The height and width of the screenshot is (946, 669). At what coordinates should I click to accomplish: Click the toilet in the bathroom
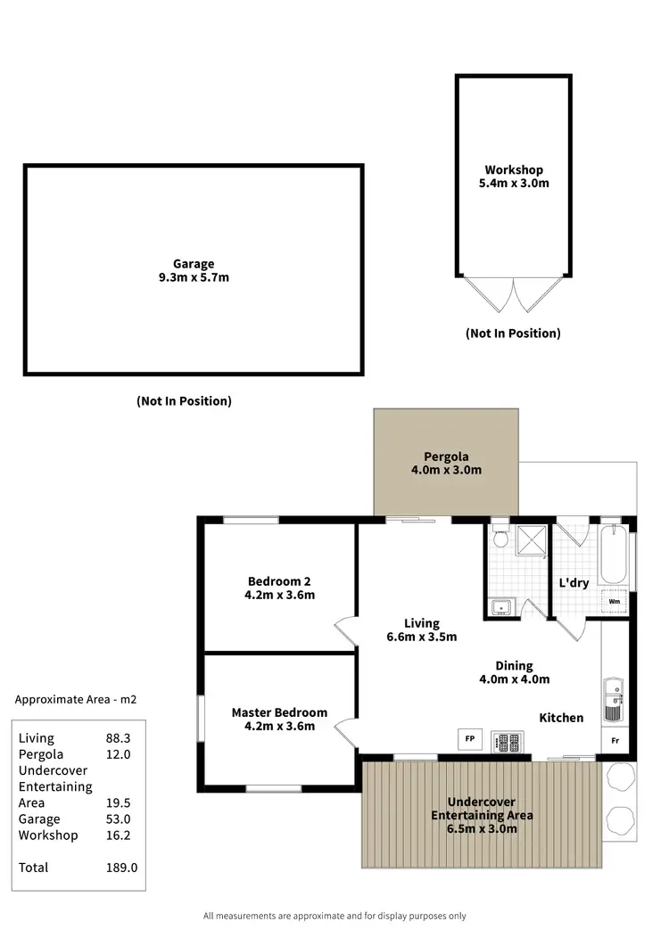pyautogui.click(x=500, y=535)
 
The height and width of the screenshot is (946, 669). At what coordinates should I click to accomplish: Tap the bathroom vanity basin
pyautogui.click(x=502, y=608)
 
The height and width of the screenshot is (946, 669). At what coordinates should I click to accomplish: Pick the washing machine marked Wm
pyautogui.click(x=615, y=602)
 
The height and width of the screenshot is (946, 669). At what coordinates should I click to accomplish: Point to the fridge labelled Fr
pyautogui.click(x=615, y=739)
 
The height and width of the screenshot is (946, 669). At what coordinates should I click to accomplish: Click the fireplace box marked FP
pyautogui.click(x=469, y=738)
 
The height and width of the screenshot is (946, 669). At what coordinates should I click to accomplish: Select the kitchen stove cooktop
pyautogui.click(x=507, y=741)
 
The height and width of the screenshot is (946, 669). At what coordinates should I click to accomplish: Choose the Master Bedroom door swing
pyautogui.click(x=344, y=733)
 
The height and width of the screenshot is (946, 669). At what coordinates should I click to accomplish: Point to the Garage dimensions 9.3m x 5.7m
pyautogui.click(x=194, y=277)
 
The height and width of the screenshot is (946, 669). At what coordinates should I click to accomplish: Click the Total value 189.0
pyautogui.click(x=121, y=868)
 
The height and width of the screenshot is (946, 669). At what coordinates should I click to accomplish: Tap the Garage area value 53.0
pyautogui.click(x=119, y=819)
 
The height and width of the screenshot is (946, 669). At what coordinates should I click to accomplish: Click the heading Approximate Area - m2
pyautogui.click(x=76, y=700)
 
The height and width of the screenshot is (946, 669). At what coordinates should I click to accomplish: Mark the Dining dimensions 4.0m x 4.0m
pyautogui.click(x=514, y=679)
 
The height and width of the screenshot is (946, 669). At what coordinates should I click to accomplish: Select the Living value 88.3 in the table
pyautogui.click(x=119, y=738)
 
